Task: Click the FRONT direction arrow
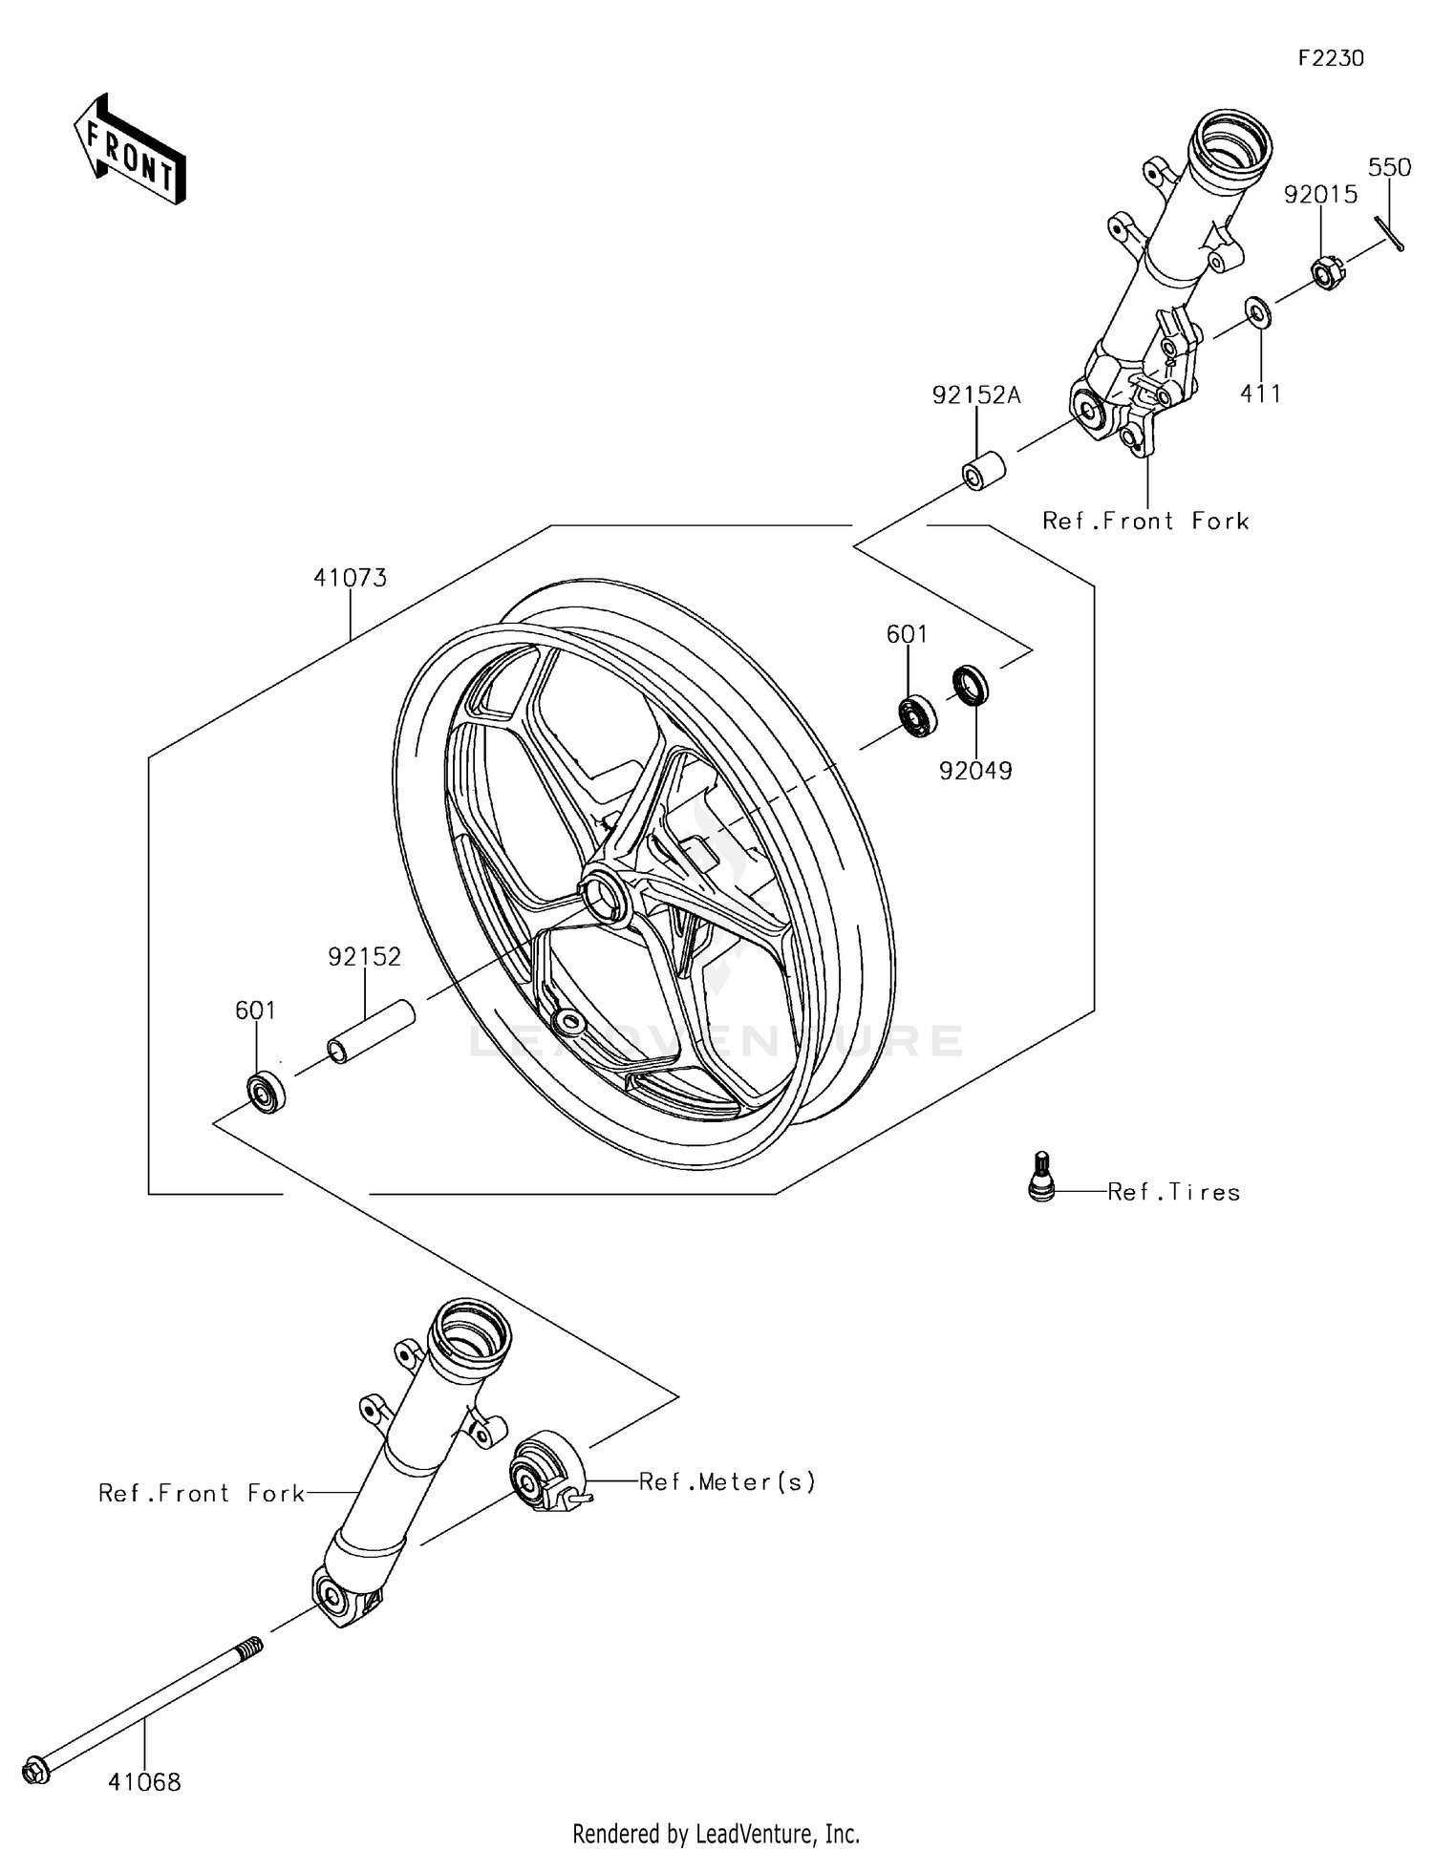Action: pos(129,150)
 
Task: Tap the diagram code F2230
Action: pos(1331,58)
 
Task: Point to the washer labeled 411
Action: pos(1257,313)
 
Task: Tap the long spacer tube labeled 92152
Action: pos(372,1032)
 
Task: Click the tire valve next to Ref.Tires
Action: pos(1042,1177)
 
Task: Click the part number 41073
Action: pos(350,578)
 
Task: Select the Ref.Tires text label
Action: pos(1173,1192)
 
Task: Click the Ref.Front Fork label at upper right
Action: pos(1145,521)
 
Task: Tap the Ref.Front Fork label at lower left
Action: pos(202,1494)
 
